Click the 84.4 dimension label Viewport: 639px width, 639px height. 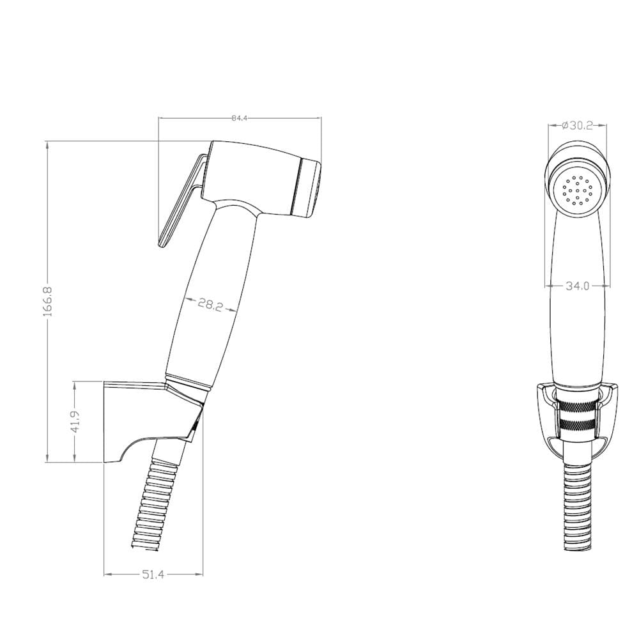[x=240, y=118]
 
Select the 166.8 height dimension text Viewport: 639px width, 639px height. [x=47, y=301]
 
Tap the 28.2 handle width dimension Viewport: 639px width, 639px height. [x=211, y=304]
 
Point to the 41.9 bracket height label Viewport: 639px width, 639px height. [x=75, y=422]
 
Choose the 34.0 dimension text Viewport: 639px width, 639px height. [x=578, y=286]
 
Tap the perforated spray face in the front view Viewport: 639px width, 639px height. [x=577, y=190]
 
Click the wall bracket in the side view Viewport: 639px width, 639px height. [x=153, y=422]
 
